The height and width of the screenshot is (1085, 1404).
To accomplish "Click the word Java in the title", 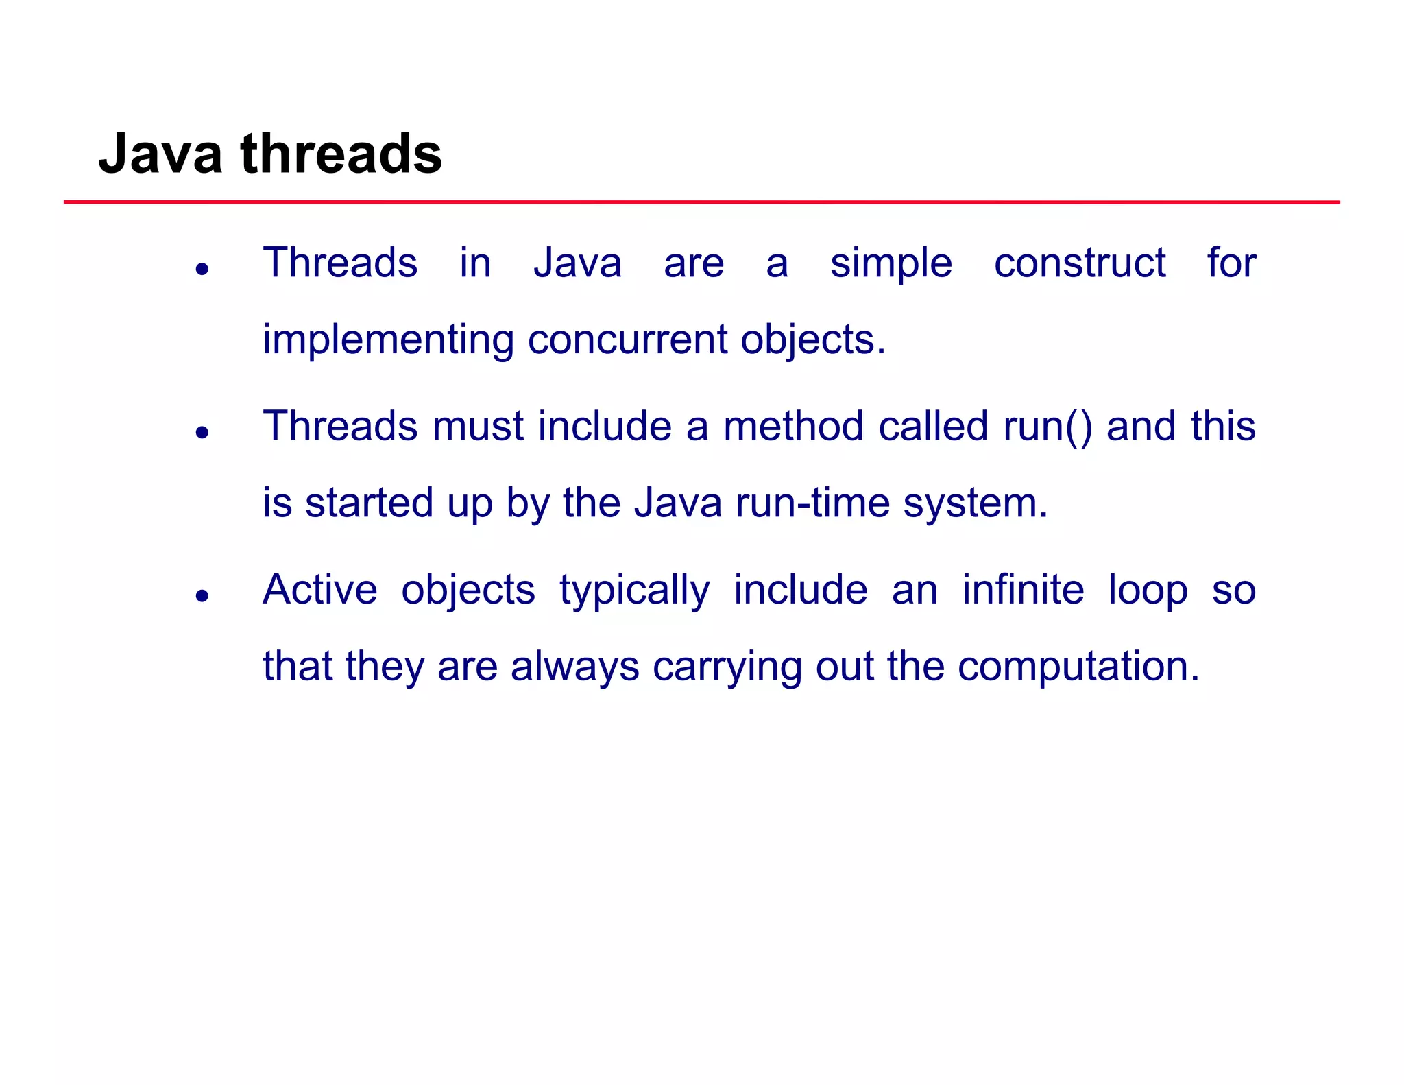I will [x=160, y=154].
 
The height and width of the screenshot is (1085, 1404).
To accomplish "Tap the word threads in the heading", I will [x=341, y=154].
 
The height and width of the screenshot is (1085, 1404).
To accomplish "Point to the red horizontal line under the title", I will [x=701, y=202].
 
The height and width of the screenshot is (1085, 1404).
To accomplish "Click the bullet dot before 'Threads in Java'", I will [x=202, y=269].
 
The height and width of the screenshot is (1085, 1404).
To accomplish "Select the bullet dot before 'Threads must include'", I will [x=202, y=432].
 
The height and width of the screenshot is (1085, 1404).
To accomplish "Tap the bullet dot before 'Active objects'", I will [x=202, y=595].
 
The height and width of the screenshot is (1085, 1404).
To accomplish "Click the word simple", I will [x=891, y=263].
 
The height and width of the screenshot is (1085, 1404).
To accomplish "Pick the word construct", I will [x=1079, y=263].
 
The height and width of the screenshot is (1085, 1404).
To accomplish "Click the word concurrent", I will [x=627, y=340].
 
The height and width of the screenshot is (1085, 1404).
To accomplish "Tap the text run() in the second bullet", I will [x=1047, y=427].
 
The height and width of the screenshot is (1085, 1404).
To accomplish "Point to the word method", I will [x=793, y=427].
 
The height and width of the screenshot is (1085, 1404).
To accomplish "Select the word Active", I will [x=319, y=590].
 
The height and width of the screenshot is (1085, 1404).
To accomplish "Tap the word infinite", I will [x=1023, y=590].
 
